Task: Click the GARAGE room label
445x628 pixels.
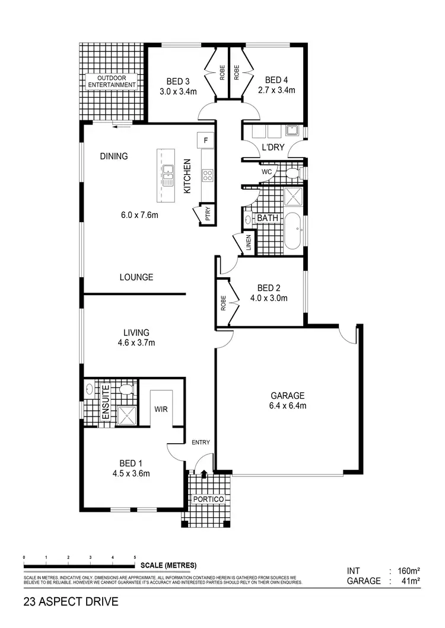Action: (288, 396)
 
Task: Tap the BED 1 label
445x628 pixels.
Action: (132, 463)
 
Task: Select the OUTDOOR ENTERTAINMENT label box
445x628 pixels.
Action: (112, 81)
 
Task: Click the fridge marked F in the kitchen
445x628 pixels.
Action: (205, 140)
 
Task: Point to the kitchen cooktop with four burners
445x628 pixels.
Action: (208, 175)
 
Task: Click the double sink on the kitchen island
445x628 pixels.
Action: (168, 172)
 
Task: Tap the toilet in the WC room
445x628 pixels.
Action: (291, 172)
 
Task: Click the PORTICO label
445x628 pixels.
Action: (209, 499)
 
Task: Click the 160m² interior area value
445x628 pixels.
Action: (408, 571)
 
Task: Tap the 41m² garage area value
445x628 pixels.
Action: (410, 581)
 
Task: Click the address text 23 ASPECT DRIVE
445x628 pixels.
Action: (71, 603)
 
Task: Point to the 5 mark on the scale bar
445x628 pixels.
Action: (135, 558)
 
